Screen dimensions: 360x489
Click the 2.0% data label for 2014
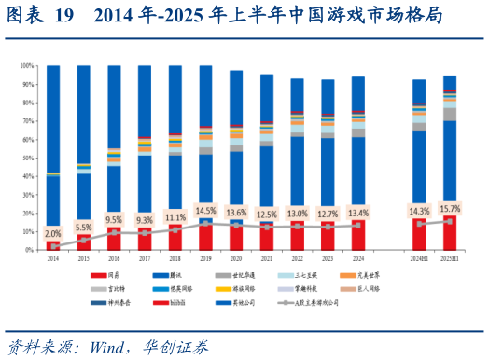(x=53, y=233)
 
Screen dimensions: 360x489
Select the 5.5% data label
(x=83, y=227)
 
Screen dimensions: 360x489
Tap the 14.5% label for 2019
(x=205, y=210)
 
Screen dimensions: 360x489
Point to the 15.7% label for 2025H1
(x=449, y=208)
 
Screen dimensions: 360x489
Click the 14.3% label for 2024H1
(x=419, y=212)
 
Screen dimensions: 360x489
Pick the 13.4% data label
(x=357, y=214)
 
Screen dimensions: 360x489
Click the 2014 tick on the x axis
(x=53, y=257)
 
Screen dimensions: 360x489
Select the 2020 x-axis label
(x=236, y=257)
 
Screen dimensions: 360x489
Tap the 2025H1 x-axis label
(x=449, y=257)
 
